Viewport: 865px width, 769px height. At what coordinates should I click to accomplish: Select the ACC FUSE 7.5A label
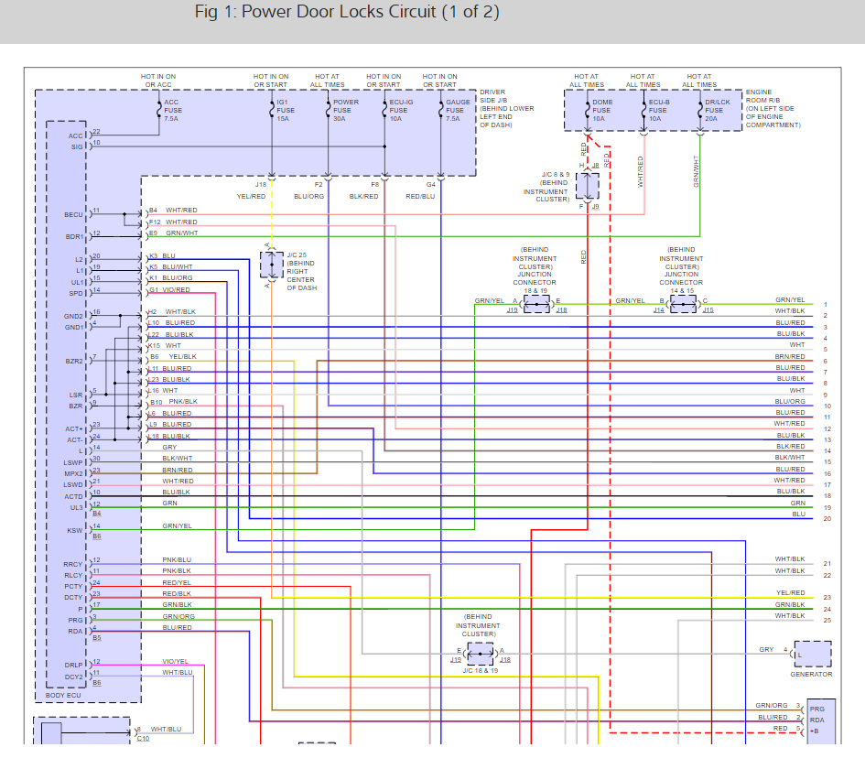click(171, 111)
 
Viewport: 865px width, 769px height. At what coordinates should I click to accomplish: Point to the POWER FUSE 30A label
click(345, 111)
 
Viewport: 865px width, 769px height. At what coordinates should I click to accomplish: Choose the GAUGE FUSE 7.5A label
click(458, 111)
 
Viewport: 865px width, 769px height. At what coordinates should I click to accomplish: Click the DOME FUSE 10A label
click(601, 111)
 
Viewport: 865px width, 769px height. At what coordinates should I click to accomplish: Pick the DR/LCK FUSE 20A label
click(718, 111)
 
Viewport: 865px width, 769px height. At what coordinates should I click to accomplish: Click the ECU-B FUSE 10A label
click(660, 111)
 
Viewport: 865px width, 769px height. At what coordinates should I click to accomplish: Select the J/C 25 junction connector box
click(272, 265)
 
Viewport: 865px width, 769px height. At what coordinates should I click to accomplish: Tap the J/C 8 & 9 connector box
click(587, 186)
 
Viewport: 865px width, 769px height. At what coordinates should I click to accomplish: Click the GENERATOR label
click(811, 675)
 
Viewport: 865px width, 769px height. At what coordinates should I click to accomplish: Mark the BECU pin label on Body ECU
click(73, 214)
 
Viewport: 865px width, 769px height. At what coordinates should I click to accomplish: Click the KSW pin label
click(74, 530)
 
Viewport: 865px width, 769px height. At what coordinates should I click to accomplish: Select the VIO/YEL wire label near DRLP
click(176, 661)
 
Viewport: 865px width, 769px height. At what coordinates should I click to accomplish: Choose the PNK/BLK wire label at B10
click(183, 402)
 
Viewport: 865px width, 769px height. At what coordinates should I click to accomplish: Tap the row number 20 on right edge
click(827, 519)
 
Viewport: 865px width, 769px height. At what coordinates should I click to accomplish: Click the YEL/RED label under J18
click(253, 197)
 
